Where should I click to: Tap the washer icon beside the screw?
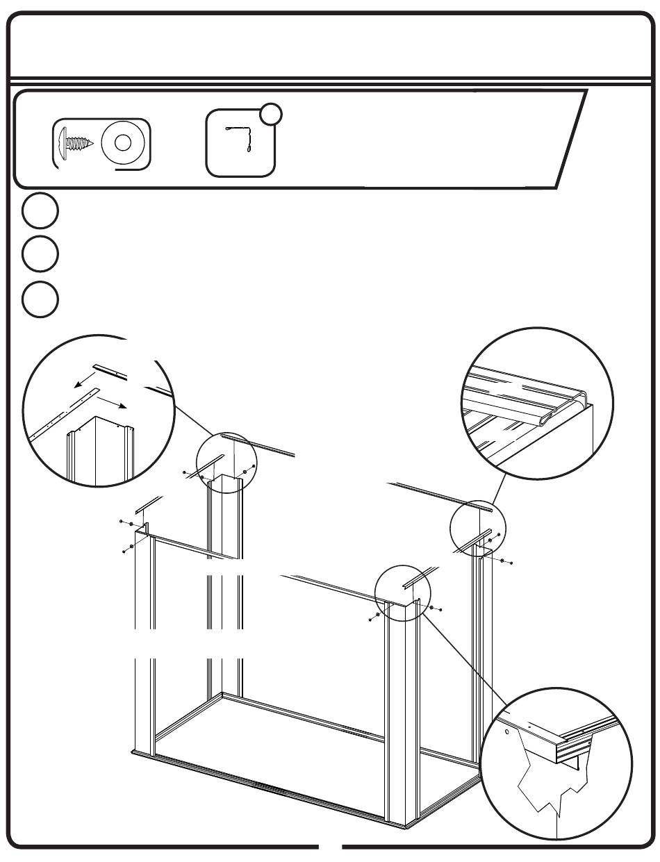point(123,144)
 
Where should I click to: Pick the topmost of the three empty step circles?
point(39,213)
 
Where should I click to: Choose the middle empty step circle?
point(39,254)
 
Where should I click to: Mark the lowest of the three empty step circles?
point(39,299)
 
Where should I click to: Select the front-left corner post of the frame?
point(145,646)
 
